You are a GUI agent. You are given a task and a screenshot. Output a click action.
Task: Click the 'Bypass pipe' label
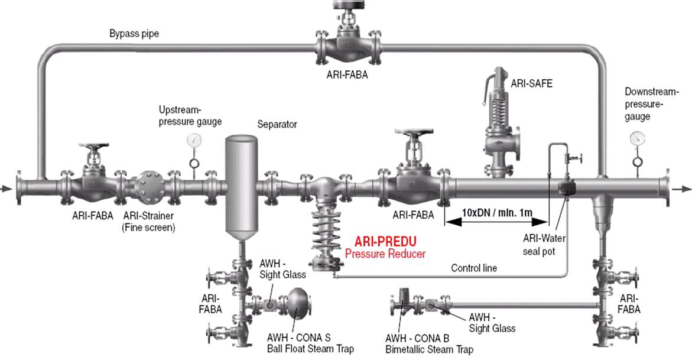click(x=134, y=34)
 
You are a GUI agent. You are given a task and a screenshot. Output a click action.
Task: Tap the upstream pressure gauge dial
click(x=193, y=140)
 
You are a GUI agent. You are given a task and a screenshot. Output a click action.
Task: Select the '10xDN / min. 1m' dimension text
click(x=496, y=211)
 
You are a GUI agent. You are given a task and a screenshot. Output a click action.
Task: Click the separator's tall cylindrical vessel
click(x=241, y=183)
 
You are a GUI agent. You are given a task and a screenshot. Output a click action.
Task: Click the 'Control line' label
click(x=473, y=268)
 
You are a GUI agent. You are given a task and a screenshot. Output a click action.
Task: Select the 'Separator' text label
click(x=277, y=125)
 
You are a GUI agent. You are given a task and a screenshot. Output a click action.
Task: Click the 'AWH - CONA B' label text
click(x=417, y=339)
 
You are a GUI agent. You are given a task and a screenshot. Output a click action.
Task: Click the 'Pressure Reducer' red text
click(x=385, y=254)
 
